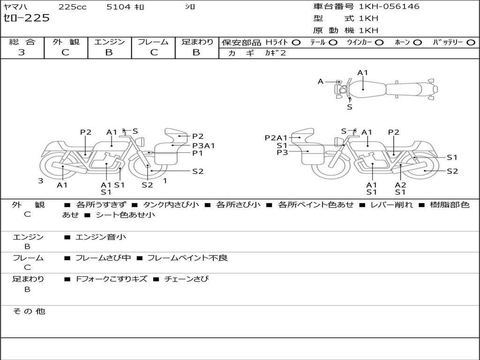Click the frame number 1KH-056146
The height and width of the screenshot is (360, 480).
click(x=389, y=7)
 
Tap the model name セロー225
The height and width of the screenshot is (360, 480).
click(x=26, y=18)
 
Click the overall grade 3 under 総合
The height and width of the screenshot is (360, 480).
click(x=22, y=52)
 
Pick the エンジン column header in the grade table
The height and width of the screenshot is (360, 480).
click(x=109, y=42)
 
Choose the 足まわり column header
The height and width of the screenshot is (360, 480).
click(x=197, y=42)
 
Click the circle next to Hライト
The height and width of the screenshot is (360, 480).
click(x=296, y=42)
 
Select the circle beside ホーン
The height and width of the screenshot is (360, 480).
click(x=418, y=42)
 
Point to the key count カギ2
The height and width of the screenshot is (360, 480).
click(x=276, y=53)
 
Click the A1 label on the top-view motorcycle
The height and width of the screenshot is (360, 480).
click(x=363, y=73)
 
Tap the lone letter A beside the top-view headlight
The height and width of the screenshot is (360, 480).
click(x=321, y=82)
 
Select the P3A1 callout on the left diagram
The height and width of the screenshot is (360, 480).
click(x=203, y=145)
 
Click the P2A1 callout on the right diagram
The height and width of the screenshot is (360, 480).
click(x=276, y=138)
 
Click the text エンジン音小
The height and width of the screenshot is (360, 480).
click(x=101, y=237)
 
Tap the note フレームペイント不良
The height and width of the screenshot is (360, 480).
click(x=187, y=258)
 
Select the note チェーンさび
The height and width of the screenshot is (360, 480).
click(x=186, y=279)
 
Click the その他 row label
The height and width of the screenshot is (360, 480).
click(x=29, y=311)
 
